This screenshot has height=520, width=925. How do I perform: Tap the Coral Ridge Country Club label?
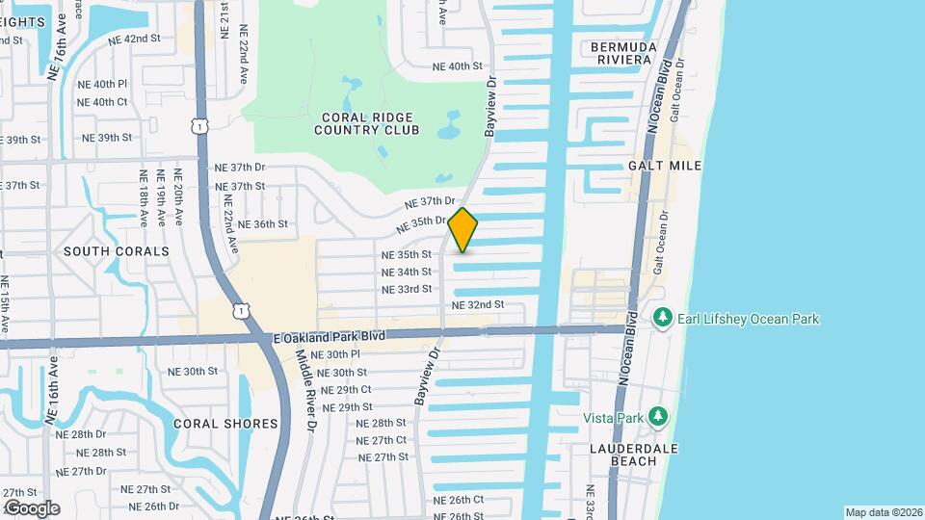370,122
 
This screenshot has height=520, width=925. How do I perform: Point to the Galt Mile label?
665,166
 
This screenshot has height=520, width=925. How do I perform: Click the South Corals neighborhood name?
116,251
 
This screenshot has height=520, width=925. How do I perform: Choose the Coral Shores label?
225,424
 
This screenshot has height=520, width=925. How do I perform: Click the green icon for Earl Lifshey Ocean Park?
661,318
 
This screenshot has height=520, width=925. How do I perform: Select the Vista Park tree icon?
659,417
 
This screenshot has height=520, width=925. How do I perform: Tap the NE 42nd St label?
134,39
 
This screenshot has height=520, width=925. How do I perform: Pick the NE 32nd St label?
478,304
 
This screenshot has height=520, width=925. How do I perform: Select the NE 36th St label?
264,223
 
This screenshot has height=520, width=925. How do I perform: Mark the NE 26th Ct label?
458,500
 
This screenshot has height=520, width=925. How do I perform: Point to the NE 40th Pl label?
103,84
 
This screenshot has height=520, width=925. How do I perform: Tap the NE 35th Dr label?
424,223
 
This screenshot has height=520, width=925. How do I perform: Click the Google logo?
31,508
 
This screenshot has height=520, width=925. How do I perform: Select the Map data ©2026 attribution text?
883,512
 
